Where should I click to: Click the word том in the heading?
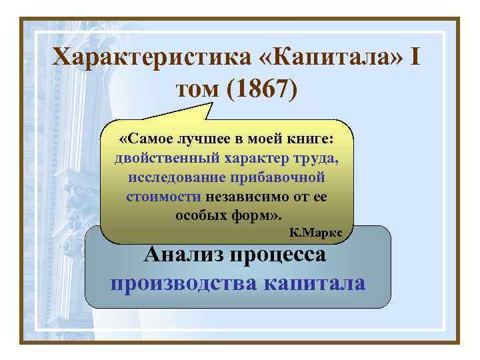(198, 89)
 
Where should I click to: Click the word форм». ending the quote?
(257, 216)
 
